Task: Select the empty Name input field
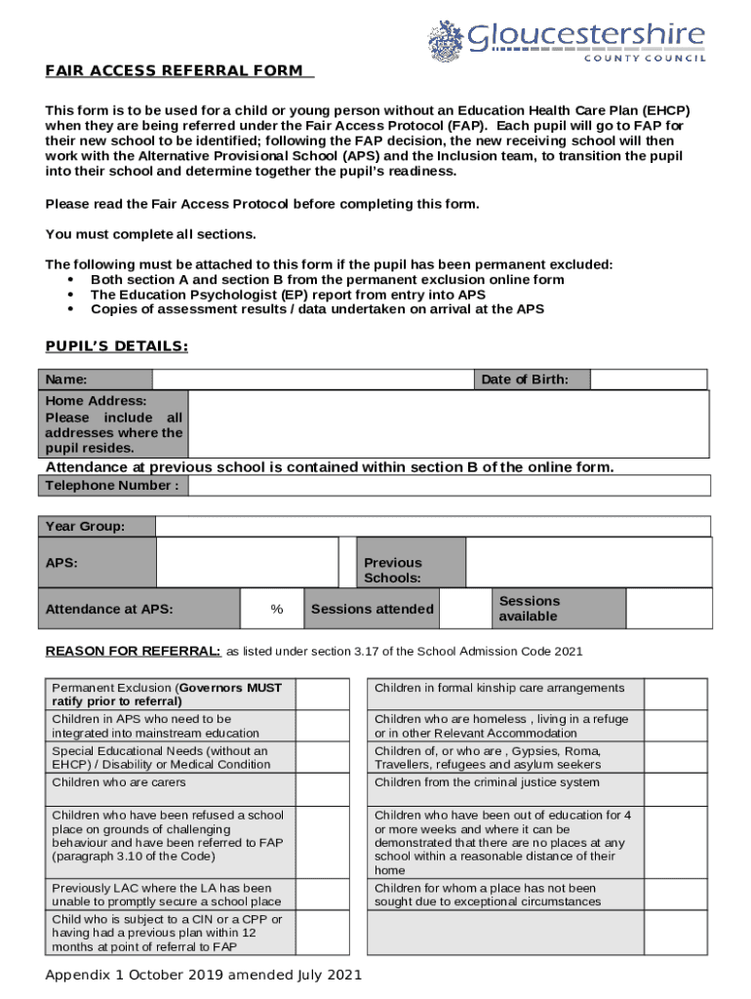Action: [x=312, y=380]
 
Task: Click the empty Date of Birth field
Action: [x=649, y=380]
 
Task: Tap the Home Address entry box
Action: [x=448, y=424]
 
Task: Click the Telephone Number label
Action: [x=111, y=486]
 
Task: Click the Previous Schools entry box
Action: [x=587, y=563]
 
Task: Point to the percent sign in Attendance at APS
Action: [x=277, y=610]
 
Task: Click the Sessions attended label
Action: [x=372, y=610]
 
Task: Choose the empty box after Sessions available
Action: [x=666, y=609]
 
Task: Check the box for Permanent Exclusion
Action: [x=322, y=695]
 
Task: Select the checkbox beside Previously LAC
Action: [x=322, y=895]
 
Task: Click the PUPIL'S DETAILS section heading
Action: [x=117, y=346]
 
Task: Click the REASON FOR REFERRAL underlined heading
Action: [x=134, y=651]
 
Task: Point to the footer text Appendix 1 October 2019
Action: [x=204, y=975]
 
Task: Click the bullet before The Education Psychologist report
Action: [x=70, y=295]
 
